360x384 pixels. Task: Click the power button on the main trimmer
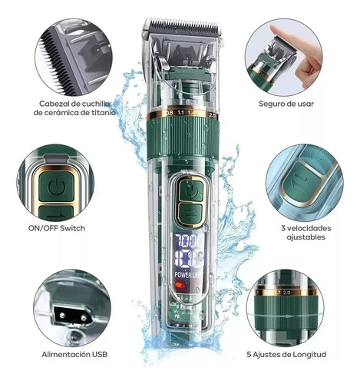[x=191, y=190]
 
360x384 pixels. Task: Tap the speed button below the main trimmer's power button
[x=190, y=213]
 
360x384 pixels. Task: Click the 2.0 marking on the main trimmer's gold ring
[x=213, y=115]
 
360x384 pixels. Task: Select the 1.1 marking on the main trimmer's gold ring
[x=180, y=112]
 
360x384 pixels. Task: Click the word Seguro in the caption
[x=272, y=104]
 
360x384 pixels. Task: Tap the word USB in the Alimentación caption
[x=100, y=354]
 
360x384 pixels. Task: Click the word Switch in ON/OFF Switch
[x=72, y=228]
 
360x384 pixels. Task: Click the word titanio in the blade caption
[x=104, y=112]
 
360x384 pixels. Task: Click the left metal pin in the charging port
[x=61, y=315]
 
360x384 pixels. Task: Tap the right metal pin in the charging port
[x=84, y=318]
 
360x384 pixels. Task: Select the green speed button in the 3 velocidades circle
[x=302, y=182]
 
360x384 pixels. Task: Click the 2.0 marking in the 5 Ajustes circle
[x=286, y=293]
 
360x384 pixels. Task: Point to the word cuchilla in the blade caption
[x=97, y=104]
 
